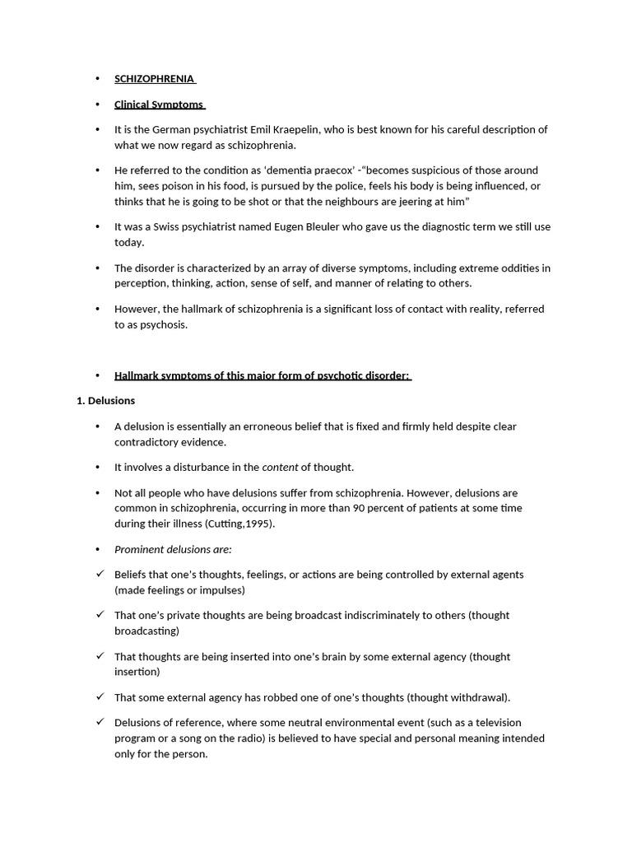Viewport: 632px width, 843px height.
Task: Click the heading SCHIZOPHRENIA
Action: coord(154,79)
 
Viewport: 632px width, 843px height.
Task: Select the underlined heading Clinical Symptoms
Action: coord(159,105)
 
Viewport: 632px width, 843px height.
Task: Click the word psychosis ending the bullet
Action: coord(163,324)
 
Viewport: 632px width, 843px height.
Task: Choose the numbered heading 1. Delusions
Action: coord(105,401)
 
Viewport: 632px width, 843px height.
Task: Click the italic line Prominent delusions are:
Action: coord(173,550)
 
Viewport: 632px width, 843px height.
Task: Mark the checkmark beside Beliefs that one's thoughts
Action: coord(100,574)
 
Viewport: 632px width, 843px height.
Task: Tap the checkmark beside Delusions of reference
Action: coord(100,722)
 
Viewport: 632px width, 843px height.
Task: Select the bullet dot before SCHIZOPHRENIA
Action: coord(97,79)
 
